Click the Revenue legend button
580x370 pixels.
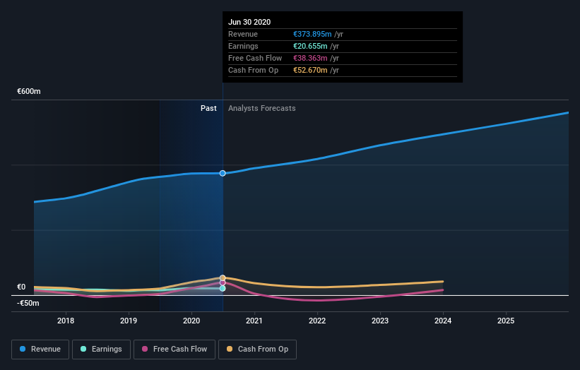[41, 349]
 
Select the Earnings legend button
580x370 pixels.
[101, 349]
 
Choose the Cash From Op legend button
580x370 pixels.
[258, 349]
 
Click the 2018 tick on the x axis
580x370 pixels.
[66, 321]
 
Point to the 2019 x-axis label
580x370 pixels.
[129, 321]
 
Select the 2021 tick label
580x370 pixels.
[254, 321]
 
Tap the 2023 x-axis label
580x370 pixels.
[380, 321]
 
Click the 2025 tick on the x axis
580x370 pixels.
[506, 321]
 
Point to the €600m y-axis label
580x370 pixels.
[29, 92]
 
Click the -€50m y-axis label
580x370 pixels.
[28, 303]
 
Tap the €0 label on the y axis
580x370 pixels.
[22, 287]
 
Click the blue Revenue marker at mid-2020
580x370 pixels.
[223, 173]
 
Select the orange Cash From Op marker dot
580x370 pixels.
[223, 278]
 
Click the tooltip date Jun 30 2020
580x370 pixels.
[249, 23]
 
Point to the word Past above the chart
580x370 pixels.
[208, 108]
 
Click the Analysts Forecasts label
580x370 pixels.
[262, 108]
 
